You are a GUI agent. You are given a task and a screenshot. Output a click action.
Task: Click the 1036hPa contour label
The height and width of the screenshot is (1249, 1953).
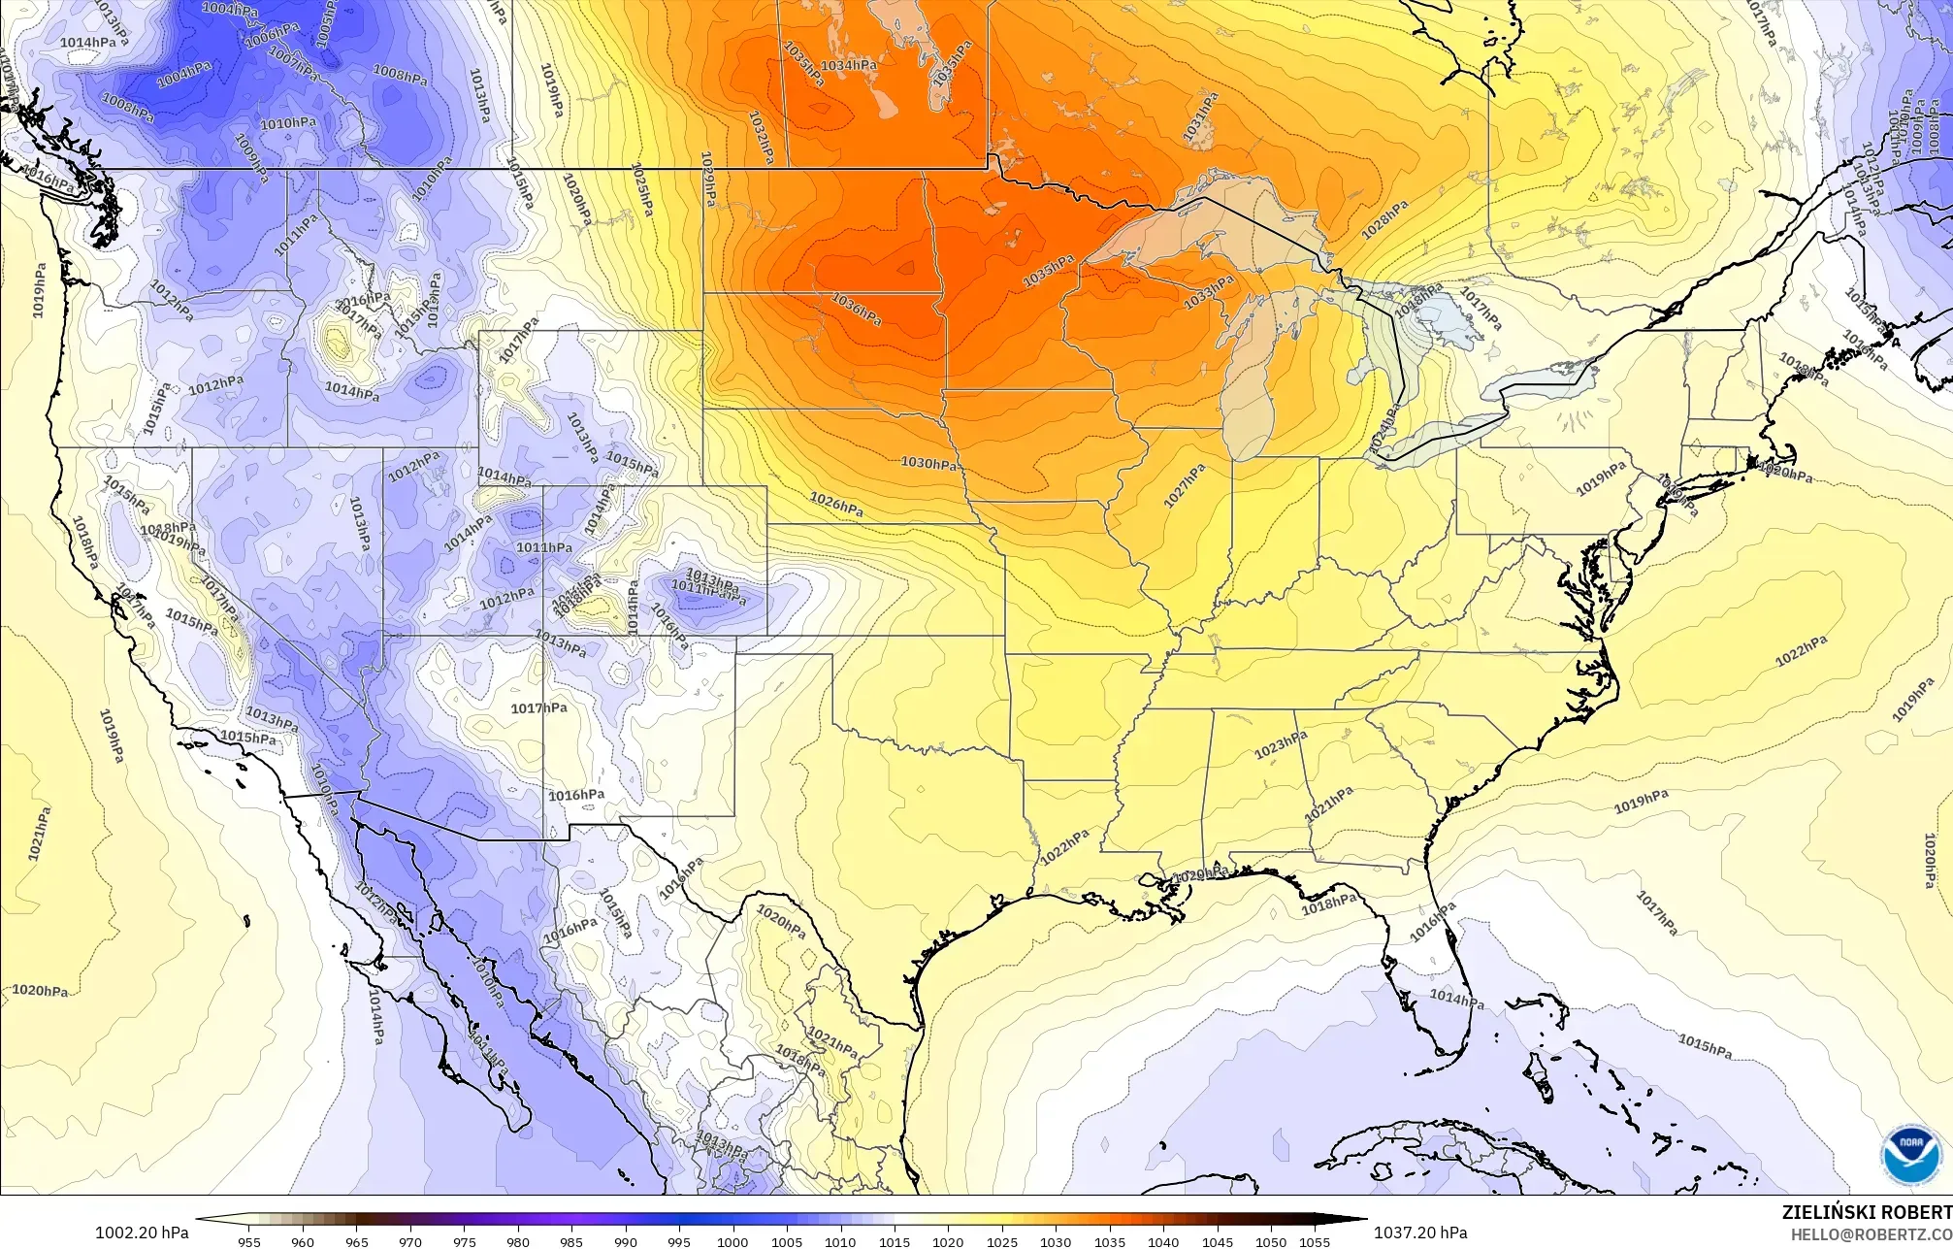coord(858,310)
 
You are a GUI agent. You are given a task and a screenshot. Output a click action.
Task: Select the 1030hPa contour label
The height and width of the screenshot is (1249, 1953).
coord(928,464)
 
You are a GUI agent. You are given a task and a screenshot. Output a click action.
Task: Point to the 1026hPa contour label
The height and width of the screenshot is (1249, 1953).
coord(836,504)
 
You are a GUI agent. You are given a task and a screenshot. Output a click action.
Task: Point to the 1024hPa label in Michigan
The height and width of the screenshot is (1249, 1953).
coord(1385,428)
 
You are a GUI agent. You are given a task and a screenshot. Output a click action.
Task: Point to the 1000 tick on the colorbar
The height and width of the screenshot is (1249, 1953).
coord(732,1241)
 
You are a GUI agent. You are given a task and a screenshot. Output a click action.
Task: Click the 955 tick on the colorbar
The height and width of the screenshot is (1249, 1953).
coord(249,1241)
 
